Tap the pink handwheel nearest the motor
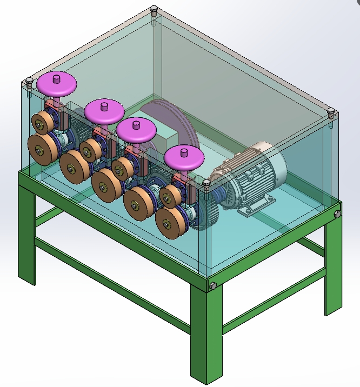(x=184, y=157)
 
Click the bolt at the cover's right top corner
(x=332, y=113)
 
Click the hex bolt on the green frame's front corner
(x=212, y=286)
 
